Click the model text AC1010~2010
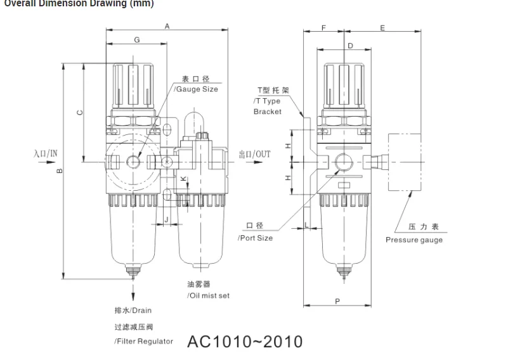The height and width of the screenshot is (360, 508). tap(245, 342)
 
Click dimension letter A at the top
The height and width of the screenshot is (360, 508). tap(167, 26)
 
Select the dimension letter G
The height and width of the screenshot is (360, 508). tap(137, 40)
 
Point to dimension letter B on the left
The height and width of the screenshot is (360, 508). tap(59, 170)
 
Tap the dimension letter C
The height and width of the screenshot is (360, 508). tap(79, 112)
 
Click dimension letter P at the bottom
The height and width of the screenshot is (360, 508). tap(337, 301)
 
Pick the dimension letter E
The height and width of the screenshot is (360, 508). tap(382, 28)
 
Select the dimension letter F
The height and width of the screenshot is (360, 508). tap(323, 28)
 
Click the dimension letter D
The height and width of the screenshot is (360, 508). tap(350, 45)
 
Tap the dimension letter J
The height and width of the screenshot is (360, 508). tap(166, 219)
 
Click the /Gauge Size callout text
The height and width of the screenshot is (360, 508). tap(196, 89)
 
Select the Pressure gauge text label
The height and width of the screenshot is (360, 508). tap(414, 240)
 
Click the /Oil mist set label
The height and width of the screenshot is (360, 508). tap(208, 295)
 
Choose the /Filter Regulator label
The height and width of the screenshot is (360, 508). tap(143, 341)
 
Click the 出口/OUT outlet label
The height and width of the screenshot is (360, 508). tap(254, 154)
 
